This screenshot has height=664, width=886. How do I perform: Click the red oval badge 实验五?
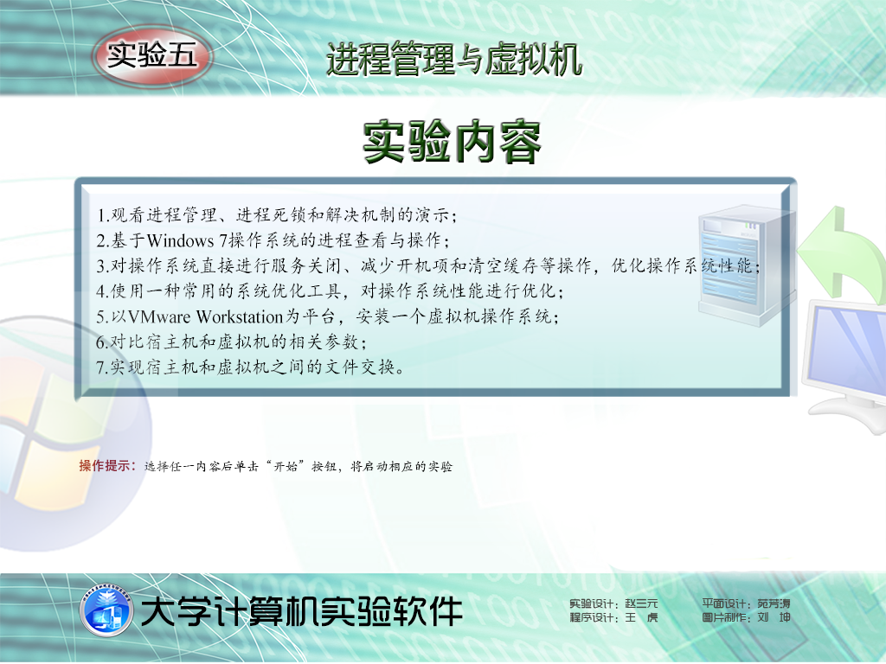(152, 56)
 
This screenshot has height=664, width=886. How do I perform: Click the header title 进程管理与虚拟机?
(453, 59)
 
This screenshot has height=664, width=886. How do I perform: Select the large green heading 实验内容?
(452, 142)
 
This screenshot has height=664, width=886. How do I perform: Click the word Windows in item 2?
(180, 241)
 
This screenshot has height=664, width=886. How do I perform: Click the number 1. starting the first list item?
(103, 215)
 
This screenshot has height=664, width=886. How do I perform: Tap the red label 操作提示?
(105, 466)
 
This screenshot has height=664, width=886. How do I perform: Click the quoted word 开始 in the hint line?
(286, 466)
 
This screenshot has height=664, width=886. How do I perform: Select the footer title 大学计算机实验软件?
(302, 611)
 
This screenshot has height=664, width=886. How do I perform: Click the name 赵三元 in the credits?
(641, 604)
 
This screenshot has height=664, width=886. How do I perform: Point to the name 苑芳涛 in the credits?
(774, 603)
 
